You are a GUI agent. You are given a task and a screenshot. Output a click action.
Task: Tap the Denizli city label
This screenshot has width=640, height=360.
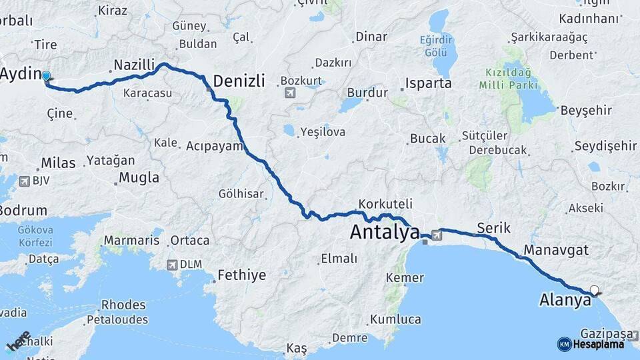[238, 81]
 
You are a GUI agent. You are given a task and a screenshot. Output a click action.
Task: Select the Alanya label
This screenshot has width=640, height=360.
[565, 300]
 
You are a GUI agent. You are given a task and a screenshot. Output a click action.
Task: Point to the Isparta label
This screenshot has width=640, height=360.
[429, 83]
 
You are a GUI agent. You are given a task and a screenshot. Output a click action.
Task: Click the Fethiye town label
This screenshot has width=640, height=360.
[243, 275]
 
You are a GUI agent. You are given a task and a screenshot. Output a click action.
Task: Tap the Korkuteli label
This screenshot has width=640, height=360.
[385, 204]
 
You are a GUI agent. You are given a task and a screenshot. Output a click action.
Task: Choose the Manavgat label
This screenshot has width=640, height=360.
[556, 251]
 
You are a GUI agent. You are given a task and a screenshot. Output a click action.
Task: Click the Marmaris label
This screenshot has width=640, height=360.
[132, 240]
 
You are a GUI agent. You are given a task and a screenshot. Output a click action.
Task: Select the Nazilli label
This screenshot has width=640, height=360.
[134, 65]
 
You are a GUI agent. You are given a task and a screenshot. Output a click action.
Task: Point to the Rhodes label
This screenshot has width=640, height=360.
[123, 305]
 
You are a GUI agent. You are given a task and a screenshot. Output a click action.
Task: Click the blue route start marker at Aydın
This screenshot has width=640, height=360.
[46, 76]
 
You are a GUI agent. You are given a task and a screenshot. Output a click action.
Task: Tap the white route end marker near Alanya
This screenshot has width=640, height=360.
[594, 290]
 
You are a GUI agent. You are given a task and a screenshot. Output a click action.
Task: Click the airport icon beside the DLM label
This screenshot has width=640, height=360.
[172, 265]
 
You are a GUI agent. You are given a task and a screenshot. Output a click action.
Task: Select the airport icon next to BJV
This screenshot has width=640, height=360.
[25, 181]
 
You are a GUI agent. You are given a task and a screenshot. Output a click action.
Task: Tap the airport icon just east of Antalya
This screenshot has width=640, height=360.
[436, 235]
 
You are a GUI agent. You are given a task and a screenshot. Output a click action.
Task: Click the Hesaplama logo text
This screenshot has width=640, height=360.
[598, 344]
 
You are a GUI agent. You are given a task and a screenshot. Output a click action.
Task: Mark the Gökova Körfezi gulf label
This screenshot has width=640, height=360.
[35, 235]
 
